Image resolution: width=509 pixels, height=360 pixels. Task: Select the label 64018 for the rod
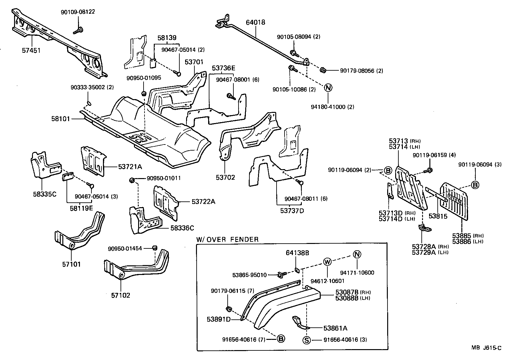click(255, 23)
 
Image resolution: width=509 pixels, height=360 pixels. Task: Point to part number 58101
click(60, 119)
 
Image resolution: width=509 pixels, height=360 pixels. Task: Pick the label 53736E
click(223, 68)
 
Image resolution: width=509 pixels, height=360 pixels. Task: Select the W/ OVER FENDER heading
click(227, 239)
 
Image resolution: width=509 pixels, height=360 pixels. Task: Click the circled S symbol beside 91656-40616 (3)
click(306, 340)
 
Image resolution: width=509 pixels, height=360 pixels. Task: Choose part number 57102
click(121, 295)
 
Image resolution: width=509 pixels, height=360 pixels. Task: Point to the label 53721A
click(130, 167)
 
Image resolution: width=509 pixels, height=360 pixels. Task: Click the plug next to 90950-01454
click(155, 248)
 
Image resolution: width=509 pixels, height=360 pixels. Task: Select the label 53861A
click(335, 328)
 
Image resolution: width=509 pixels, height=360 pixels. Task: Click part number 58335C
click(44, 194)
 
